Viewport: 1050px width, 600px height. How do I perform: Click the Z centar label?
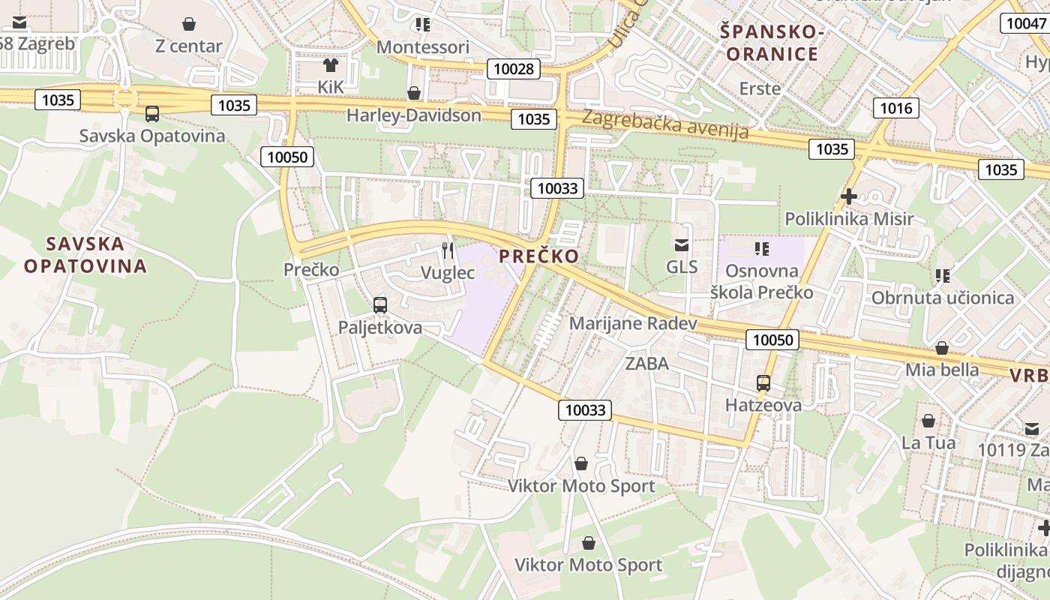pos(189,46)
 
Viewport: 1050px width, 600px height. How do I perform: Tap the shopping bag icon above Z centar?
pos(189,24)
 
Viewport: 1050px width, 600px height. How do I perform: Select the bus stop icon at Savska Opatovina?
pos(152,114)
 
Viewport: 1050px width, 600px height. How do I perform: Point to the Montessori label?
pos(423,46)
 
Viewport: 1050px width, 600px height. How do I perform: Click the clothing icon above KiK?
pos(330,65)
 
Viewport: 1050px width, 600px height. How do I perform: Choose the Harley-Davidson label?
pos(414,115)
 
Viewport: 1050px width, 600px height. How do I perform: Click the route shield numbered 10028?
pos(514,69)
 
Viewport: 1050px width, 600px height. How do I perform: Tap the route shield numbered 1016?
pos(895,108)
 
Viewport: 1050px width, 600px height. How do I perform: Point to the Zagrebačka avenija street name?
pos(665,125)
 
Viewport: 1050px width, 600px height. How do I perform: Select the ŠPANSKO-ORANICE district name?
pos(772,43)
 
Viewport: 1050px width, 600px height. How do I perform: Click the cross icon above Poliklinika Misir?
pos(849,196)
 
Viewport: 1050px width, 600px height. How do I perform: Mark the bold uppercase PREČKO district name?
pos(539,256)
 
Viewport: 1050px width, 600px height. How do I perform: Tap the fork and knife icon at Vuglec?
pos(448,250)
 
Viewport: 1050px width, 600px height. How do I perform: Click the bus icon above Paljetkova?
pos(380,305)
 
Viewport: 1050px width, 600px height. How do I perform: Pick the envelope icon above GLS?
pos(682,244)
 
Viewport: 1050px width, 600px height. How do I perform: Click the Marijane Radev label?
pos(634,323)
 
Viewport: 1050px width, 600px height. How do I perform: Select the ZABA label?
pos(647,364)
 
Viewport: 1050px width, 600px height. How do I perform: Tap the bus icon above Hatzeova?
pos(763,383)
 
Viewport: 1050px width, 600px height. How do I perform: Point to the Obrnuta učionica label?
pos(943,298)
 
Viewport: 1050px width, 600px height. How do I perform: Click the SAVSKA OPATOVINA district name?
pos(85,255)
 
